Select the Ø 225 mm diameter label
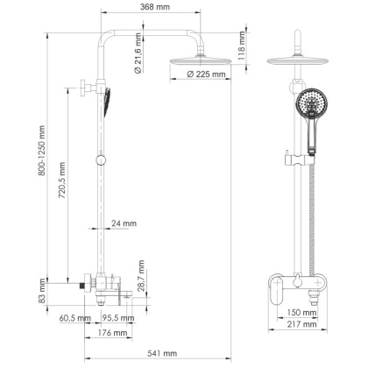coord(208,74)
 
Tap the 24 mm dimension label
coord(124,224)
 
